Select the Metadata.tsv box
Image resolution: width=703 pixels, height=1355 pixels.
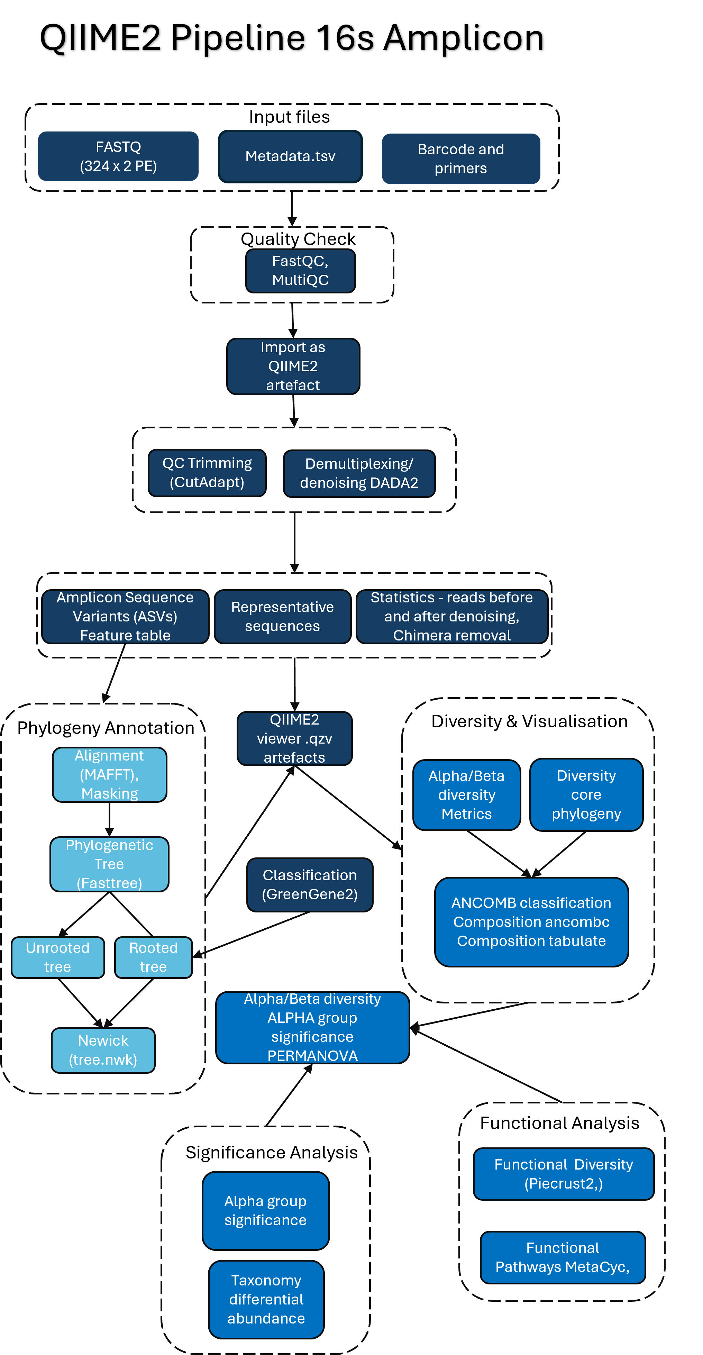pyautogui.click(x=290, y=156)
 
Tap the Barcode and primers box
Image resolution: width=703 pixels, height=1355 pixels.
pyautogui.click(x=460, y=158)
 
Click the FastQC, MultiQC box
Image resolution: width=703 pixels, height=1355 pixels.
pyautogui.click(x=300, y=270)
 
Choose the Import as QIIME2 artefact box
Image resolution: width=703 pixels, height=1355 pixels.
pyautogui.click(x=293, y=366)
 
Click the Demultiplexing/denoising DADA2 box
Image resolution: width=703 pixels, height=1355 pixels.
pyautogui.click(x=359, y=473)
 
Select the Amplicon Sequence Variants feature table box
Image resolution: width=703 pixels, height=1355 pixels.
pyautogui.click(x=125, y=616)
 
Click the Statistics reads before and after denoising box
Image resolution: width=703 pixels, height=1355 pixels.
pyautogui.click(x=452, y=616)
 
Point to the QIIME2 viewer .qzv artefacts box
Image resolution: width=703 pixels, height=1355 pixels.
pyautogui.click(x=294, y=738)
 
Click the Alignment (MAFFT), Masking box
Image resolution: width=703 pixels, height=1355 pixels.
pyautogui.click(x=109, y=774)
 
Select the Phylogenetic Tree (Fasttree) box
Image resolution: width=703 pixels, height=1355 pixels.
pyautogui.click(x=109, y=864)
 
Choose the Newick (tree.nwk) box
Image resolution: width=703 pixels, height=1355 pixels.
pyautogui.click(x=103, y=1050)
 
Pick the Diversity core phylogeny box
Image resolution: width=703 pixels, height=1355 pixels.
pyautogui.click(x=586, y=794)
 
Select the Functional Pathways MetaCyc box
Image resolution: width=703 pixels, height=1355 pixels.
pyautogui.click(x=563, y=1257)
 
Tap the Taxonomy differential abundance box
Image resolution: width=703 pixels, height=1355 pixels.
pyautogui.click(x=266, y=1299)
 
